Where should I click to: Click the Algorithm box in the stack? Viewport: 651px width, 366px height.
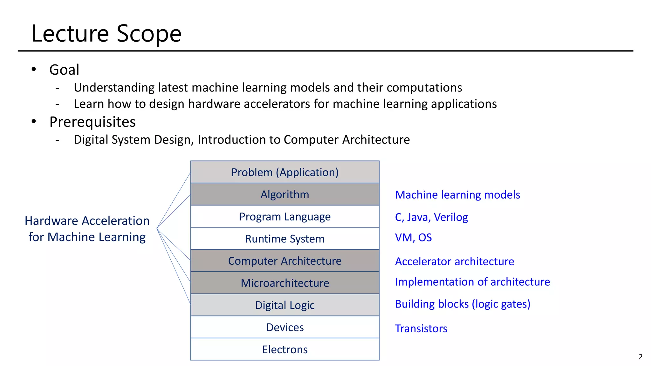285,194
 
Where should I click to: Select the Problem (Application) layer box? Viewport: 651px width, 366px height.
285,172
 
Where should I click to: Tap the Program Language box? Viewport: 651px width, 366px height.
285,217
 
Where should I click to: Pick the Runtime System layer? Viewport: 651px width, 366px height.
285,239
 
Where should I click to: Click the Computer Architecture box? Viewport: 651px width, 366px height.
285,261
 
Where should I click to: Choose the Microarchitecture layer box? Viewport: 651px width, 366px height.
285,283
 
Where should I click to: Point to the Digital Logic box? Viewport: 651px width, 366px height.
285,305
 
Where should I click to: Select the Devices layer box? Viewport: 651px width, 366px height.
285,327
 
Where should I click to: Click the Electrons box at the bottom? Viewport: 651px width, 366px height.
285,349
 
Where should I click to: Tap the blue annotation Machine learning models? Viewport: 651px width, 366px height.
457,195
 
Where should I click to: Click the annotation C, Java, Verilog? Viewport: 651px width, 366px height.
431,217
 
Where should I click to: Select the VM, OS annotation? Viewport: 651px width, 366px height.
413,238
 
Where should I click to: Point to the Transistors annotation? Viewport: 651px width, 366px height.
421,329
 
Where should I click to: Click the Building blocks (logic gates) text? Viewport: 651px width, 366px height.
463,304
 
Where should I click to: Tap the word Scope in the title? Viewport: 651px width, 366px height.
149,34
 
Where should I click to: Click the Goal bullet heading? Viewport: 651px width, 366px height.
64,70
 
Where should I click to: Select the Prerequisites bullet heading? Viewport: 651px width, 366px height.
92,122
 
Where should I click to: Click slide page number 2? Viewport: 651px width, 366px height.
640,357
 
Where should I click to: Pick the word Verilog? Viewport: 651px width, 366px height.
451,217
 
